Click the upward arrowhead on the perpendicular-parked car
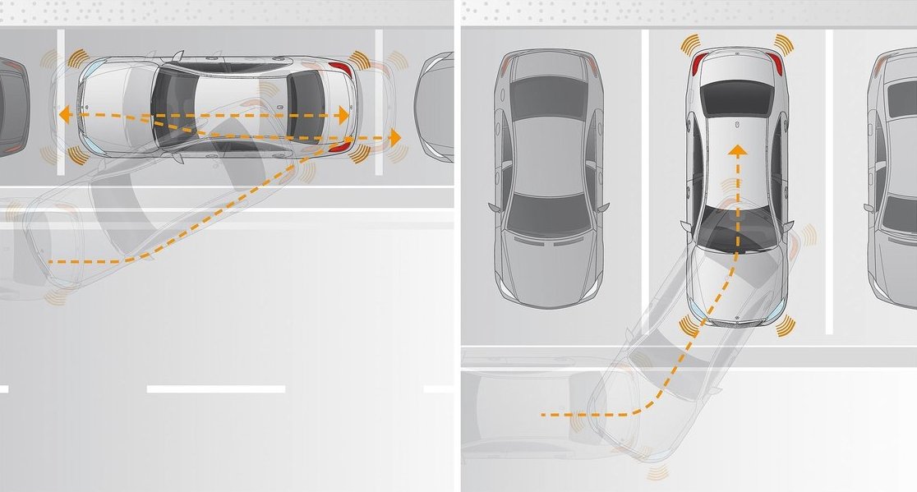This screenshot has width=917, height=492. click(738, 151)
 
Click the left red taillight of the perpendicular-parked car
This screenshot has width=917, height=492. click(699, 63)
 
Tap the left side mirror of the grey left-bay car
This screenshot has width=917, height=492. click(493, 207)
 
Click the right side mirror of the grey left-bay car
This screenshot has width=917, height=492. click(606, 207)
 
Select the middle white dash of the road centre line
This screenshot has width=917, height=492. click(215, 389)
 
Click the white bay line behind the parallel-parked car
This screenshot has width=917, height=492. click(380, 103)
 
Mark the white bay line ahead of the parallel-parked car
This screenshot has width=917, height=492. click(61, 103)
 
